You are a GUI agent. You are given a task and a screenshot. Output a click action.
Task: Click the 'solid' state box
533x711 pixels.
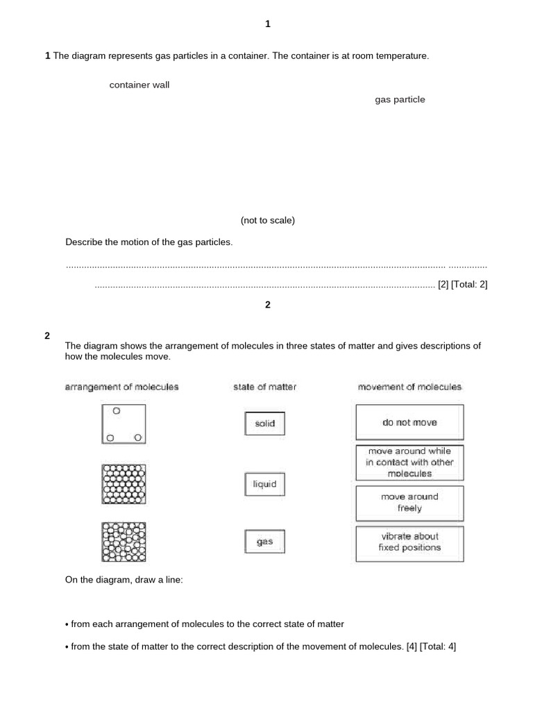(x=264, y=423)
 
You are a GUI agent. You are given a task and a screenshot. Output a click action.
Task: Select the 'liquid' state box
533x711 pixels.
(x=264, y=484)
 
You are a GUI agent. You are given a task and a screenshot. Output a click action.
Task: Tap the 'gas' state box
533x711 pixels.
(x=264, y=542)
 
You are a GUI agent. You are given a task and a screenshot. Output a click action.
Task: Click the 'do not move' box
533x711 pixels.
(x=409, y=422)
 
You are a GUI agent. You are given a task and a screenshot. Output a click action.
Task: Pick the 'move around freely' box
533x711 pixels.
(x=409, y=503)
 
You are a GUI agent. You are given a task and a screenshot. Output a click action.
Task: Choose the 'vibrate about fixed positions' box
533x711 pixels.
(x=409, y=542)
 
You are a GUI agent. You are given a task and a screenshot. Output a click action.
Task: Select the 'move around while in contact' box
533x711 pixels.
(x=409, y=462)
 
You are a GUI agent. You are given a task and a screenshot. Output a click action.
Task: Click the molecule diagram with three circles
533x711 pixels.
(x=124, y=424)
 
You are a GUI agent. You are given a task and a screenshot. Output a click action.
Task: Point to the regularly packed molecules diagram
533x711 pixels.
(x=124, y=483)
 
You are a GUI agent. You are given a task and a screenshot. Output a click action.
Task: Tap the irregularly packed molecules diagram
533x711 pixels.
(x=124, y=542)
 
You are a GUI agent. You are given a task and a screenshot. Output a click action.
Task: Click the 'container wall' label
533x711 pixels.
(x=139, y=85)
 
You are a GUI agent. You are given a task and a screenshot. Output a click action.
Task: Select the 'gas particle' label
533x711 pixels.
(x=400, y=100)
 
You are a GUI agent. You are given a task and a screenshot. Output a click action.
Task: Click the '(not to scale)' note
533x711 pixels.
(x=268, y=221)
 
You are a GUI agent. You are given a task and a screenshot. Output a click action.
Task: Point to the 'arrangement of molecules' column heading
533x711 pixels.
(x=121, y=387)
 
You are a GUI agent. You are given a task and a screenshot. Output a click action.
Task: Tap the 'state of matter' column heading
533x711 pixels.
(x=264, y=387)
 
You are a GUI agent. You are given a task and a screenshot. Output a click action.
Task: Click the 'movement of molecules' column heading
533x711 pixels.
(x=409, y=387)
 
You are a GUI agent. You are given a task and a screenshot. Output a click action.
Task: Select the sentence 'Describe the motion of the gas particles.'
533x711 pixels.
(x=149, y=242)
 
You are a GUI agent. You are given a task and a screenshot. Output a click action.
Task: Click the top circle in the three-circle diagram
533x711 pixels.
(x=117, y=411)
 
